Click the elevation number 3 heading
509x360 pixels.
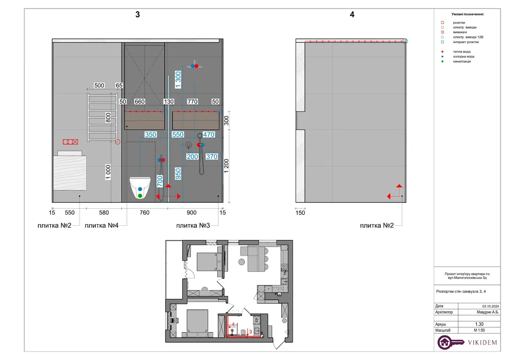click(x=138, y=14)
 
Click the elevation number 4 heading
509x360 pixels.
click(x=352, y=14)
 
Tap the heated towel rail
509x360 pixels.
click(x=102, y=117)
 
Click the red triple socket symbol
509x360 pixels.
click(x=71, y=142)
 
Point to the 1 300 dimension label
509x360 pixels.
click(x=178, y=80)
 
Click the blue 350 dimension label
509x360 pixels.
click(x=151, y=134)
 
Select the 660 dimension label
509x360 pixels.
click(x=140, y=101)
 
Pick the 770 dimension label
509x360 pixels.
click(x=192, y=101)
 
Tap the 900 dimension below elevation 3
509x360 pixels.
click(x=191, y=213)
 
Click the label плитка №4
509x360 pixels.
click(x=101, y=225)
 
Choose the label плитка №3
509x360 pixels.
click(x=193, y=225)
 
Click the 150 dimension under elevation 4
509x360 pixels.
click(x=300, y=213)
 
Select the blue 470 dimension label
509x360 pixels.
click(x=209, y=134)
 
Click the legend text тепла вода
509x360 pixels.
click(x=462, y=52)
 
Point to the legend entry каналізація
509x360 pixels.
click(x=462, y=61)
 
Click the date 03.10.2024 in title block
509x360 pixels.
click(x=491, y=306)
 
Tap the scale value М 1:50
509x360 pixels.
click(x=479, y=330)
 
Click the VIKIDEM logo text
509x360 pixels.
click(x=482, y=343)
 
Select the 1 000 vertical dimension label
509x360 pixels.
click(x=108, y=172)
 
